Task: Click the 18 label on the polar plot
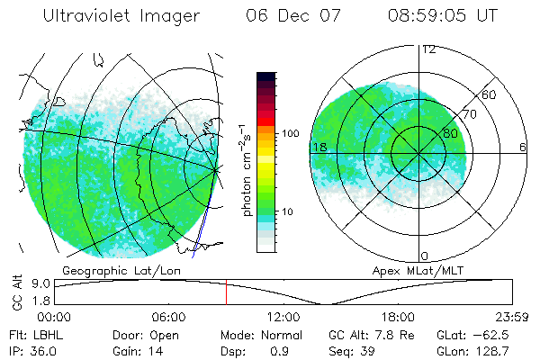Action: pos(319,147)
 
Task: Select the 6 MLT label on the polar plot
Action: pos(522,147)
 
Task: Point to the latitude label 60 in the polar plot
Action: pos(490,94)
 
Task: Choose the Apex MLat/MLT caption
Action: pos(416,270)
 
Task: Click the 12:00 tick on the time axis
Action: pos(283,317)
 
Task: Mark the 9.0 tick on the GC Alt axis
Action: pos(38,283)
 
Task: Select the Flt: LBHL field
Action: pos(31,335)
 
